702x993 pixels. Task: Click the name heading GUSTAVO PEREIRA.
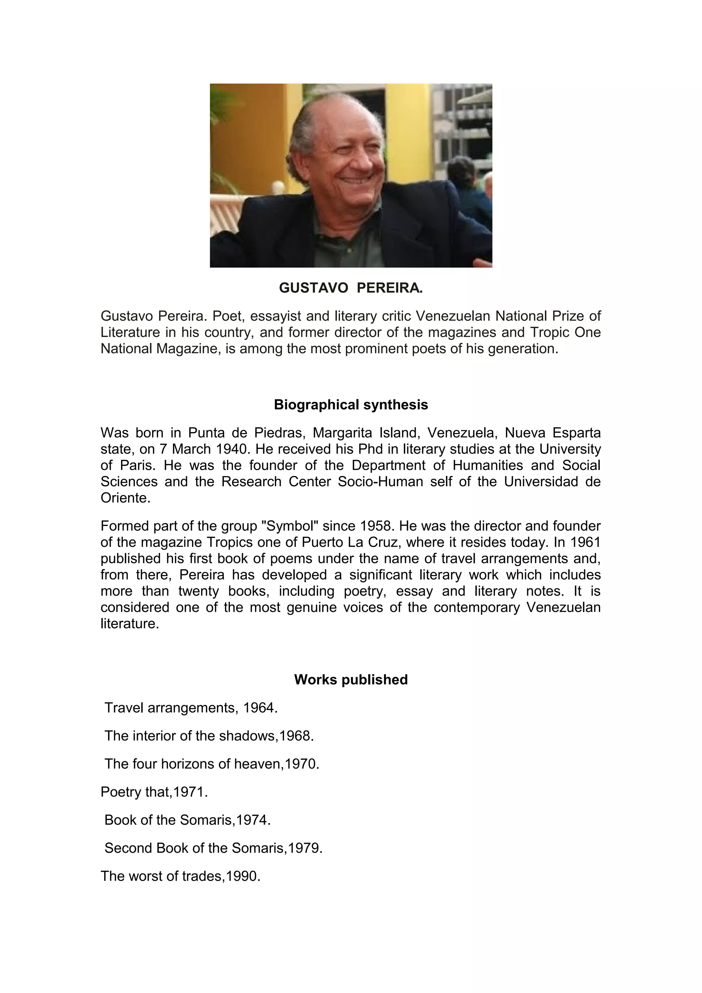pos(351,288)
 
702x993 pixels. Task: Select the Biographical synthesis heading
pos(351,405)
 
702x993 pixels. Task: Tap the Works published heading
pos(351,680)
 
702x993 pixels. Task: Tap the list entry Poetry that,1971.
pos(154,792)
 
